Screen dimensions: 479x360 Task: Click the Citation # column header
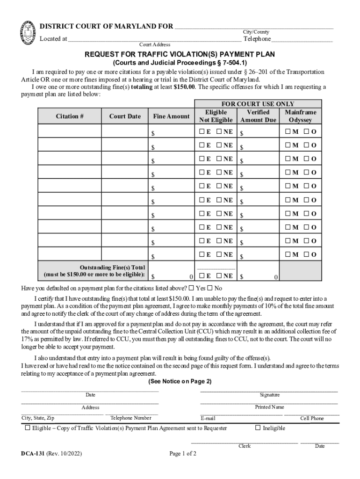point(70,116)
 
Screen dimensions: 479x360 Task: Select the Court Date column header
point(125,116)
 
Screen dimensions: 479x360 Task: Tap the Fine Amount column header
point(172,116)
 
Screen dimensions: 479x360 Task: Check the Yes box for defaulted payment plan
point(191,288)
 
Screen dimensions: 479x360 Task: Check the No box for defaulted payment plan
point(209,288)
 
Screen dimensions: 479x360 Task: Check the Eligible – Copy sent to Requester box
point(28,428)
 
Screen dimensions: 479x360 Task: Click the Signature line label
point(270,395)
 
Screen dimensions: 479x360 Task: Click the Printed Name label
point(269,407)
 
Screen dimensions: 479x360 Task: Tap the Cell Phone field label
point(312,418)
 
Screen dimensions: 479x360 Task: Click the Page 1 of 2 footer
point(183,453)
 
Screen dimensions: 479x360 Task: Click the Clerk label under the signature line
point(245,446)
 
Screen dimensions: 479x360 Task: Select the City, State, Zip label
point(38,418)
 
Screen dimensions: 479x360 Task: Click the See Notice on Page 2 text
point(180,382)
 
